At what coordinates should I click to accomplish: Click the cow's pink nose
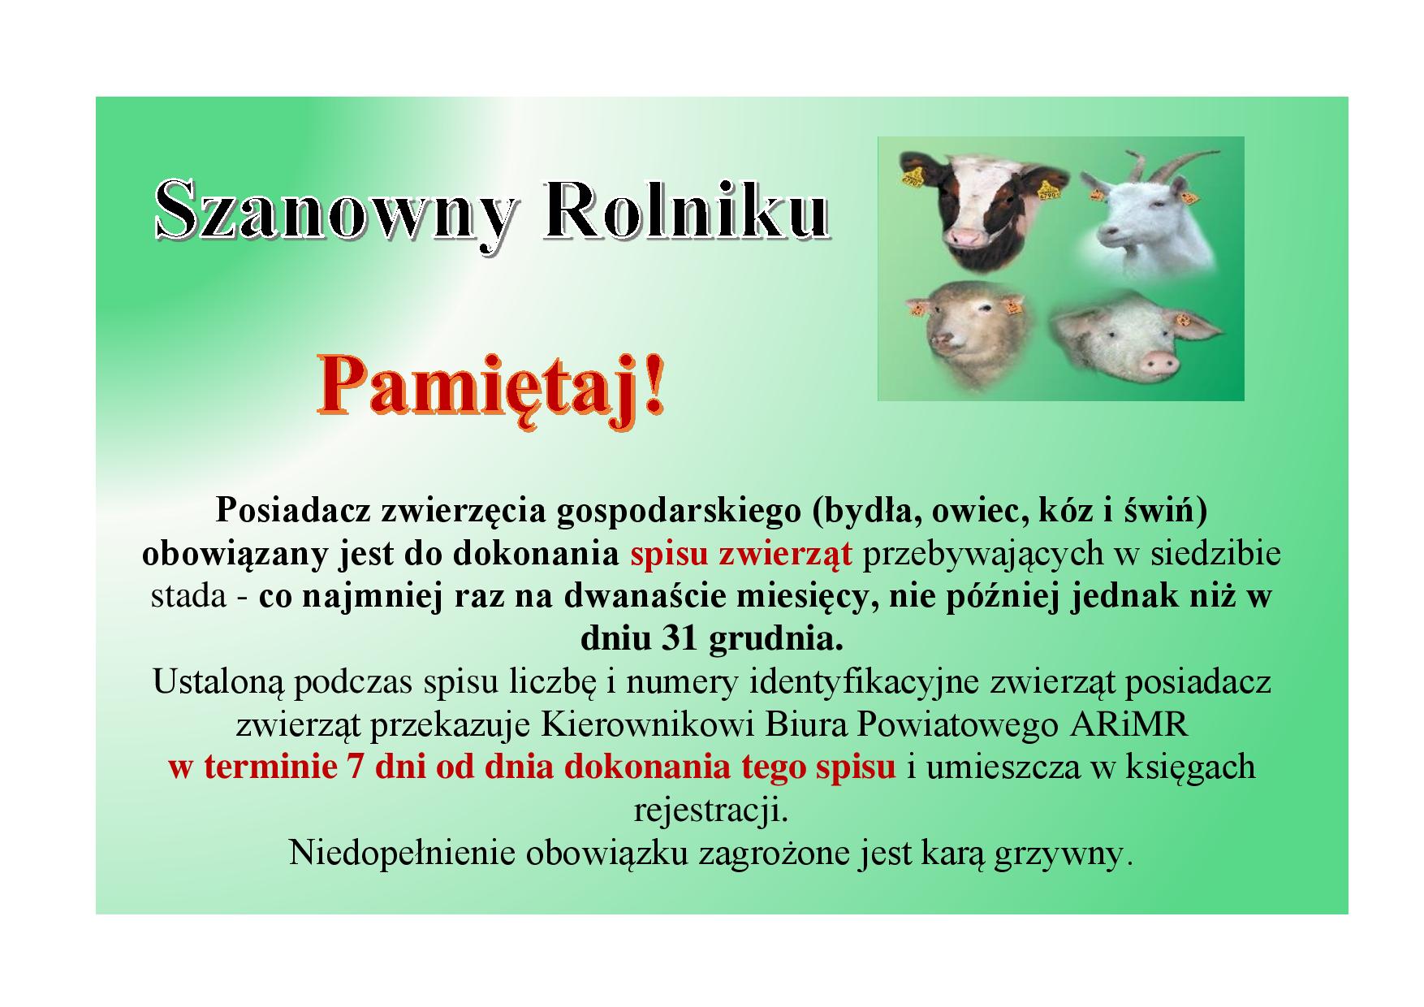(x=965, y=236)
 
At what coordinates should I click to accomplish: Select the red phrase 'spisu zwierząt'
(x=741, y=554)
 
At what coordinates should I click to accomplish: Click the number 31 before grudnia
(x=681, y=639)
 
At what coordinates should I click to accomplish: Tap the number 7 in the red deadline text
(x=355, y=767)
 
